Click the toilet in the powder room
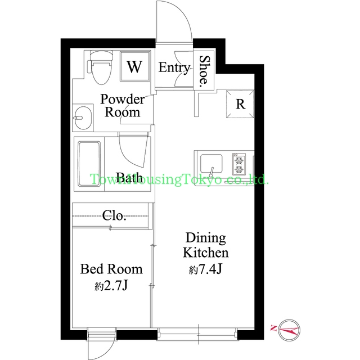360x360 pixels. click(100, 67)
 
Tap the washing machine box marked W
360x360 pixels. click(135, 66)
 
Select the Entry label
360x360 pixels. click(174, 67)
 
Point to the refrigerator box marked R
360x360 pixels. click(240, 104)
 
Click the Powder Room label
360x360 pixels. click(123, 106)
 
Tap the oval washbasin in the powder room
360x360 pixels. click(83, 118)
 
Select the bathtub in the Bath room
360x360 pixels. click(89, 164)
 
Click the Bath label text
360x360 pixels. click(129, 178)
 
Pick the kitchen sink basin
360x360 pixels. click(211, 164)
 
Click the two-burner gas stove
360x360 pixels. click(238, 164)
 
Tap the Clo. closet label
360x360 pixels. click(114, 215)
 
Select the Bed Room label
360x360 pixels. click(111, 269)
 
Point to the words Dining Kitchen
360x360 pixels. click(206, 245)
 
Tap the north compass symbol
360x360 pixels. click(289, 330)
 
